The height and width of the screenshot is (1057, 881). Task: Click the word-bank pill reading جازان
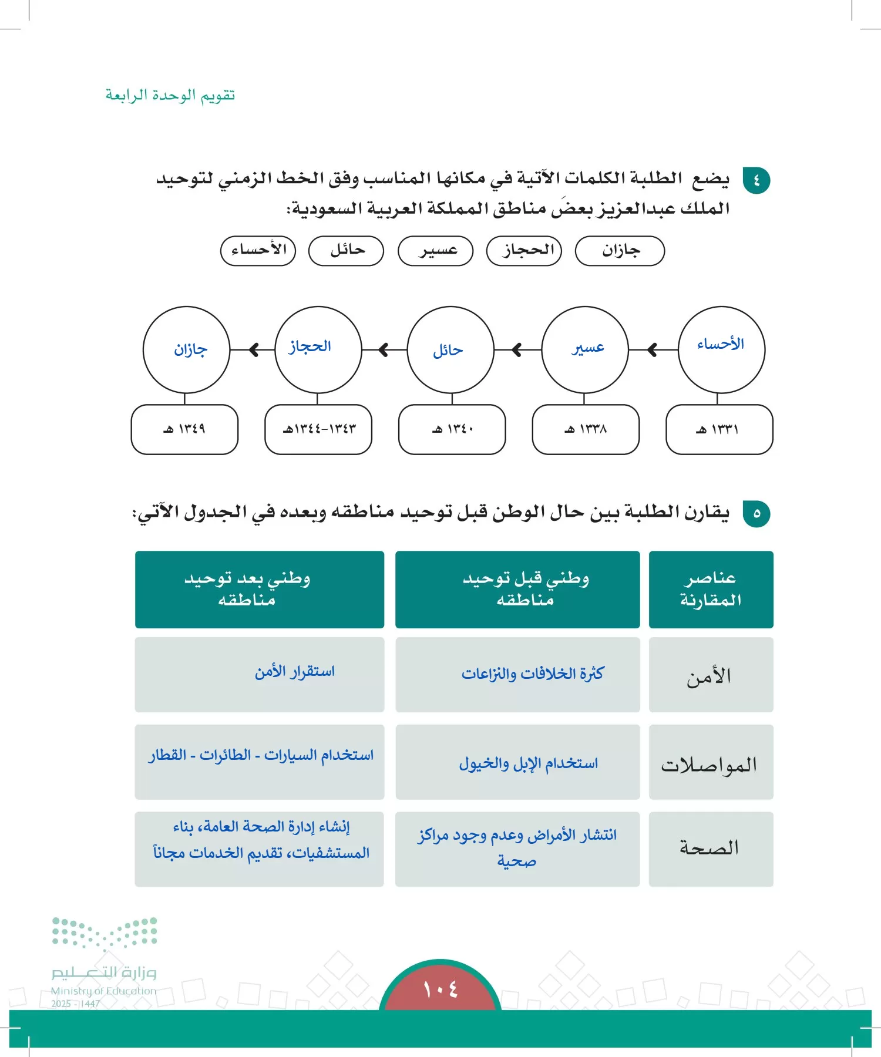(x=620, y=251)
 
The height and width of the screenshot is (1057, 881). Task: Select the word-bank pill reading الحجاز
(x=524, y=251)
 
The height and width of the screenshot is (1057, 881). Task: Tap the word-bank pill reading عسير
(x=435, y=251)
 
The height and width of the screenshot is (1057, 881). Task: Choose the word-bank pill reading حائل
(x=346, y=251)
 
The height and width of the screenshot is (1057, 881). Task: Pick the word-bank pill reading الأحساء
(x=258, y=251)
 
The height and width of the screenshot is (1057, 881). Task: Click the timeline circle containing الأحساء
(x=721, y=349)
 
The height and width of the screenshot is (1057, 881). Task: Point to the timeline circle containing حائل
(x=450, y=349)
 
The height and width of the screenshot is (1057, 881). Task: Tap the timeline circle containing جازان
(x=186, y=349)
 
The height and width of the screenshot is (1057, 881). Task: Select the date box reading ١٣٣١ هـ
(x=719, y=429)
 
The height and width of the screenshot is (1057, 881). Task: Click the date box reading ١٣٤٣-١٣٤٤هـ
(x=318, y=429)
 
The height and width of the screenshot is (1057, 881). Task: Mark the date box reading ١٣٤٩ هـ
(x=184, y=429)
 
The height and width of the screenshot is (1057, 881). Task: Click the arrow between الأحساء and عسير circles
(x=652, y=350)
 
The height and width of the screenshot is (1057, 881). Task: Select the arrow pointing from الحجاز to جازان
(x=253, y=350)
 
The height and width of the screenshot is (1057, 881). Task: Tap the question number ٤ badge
(x=756, y=180)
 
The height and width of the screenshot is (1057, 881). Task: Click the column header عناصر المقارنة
(x=711, y=589)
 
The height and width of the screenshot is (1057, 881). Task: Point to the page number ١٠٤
(x=440, y=990)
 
